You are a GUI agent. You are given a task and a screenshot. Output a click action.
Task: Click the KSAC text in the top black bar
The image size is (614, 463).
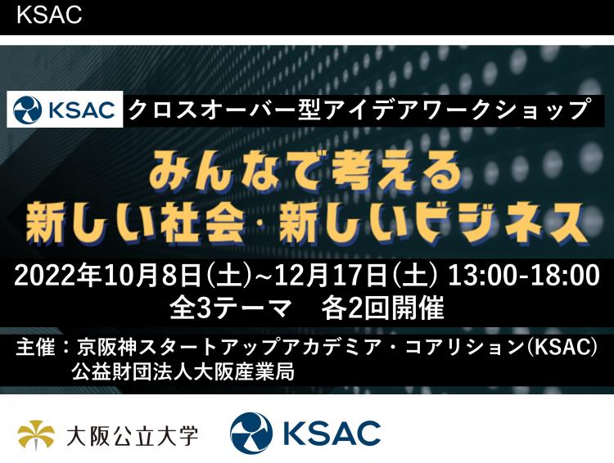pos(49,15)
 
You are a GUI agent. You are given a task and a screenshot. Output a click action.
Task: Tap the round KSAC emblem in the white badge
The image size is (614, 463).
pos(27,109)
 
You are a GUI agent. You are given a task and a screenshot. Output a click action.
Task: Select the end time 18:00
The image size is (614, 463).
pos(565,276)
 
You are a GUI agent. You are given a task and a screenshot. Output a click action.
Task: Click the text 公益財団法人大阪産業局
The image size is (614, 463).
pos(183,372)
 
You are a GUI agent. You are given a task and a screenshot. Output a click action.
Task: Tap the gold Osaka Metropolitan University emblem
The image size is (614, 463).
pos(36,435)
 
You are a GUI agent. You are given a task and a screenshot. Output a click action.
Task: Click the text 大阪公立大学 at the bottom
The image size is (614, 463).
pos(133,436)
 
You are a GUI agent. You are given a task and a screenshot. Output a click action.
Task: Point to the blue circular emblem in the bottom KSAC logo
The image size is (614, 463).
pos(251,434)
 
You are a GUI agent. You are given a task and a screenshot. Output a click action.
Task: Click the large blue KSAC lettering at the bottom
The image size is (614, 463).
pos(332,434)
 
